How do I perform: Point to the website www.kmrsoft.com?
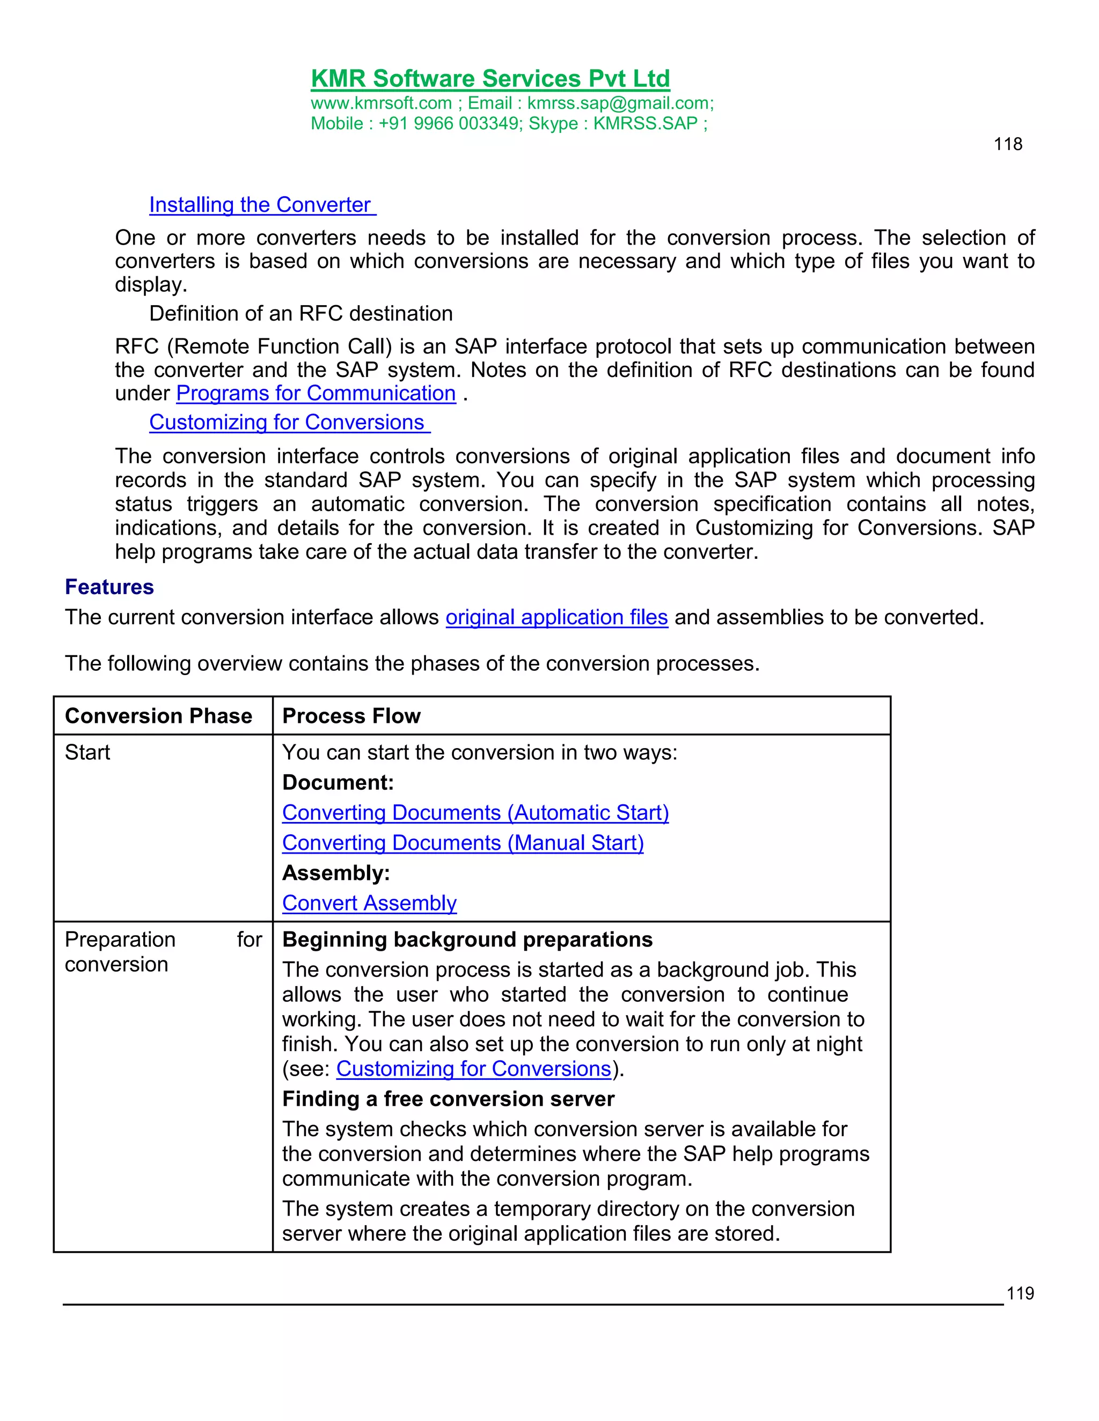(381, 103)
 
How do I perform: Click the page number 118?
(1007, 144)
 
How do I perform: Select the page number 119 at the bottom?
(1020, 1293)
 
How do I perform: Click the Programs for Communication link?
(316, 394)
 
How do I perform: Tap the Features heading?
(109, 587)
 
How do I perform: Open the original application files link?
(556, 617)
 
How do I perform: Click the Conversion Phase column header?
(158, 716)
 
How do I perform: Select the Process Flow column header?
(351, 716)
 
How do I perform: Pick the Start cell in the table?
(87, 753)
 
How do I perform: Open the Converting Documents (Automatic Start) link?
(475, 812)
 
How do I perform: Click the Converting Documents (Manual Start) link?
(463, 843)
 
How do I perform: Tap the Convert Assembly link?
(369, 903)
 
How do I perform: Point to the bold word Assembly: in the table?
(336, 873)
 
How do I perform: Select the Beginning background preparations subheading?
(467, 939)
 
